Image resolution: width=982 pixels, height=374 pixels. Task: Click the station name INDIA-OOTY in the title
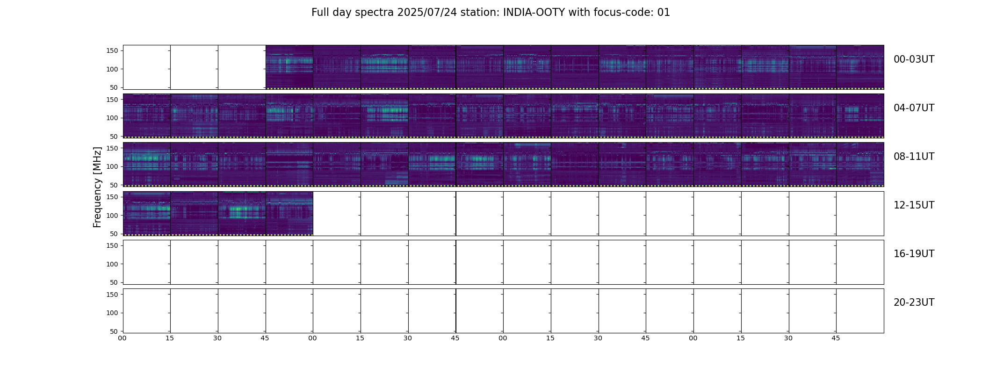click(x=534, y=13)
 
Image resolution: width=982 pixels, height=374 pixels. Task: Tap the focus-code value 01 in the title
click(x=664, y=13)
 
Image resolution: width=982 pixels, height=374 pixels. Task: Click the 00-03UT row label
click(x=914, y=59)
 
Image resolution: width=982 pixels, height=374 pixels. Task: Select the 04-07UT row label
click(x=914, y=108)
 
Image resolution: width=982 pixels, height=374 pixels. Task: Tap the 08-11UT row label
click(x=914, y=157)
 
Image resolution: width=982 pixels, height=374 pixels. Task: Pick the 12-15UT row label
click(x=914, y=205)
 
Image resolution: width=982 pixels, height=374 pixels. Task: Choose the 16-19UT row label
click(x=914, y=254)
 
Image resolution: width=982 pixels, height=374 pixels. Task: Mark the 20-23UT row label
click(x=914, y=302)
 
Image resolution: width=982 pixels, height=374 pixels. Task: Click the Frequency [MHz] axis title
click(x=97, y=187)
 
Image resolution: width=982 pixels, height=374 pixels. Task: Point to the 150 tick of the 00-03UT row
click(x=112, y=50)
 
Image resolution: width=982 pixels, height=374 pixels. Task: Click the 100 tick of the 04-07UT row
click(x=112, y=118)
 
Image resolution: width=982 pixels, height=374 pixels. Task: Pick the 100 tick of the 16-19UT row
click(x=112, y=264)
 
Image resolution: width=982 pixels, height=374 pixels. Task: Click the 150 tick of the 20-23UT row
click(x=112, y=295)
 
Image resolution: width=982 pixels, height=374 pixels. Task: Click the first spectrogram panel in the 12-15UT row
click(x=147, y=213)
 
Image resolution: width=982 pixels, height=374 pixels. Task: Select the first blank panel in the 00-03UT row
click(x=147, y=67)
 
